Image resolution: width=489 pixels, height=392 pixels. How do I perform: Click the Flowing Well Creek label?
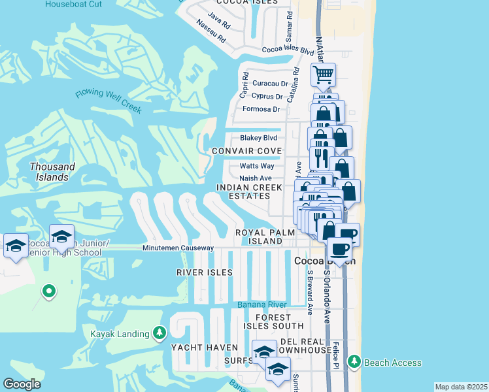[x=108, y=101]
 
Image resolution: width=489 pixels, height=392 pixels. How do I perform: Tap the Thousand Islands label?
[x=52, y=172]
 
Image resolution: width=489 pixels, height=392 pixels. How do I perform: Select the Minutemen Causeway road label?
[x=178, y=248]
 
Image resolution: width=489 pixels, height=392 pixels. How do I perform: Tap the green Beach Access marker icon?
[x=354, y=361]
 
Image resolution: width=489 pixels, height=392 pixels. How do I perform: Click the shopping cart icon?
[x=322, y=75]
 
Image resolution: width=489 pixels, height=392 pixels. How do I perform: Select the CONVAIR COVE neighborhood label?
[x=246, y=152]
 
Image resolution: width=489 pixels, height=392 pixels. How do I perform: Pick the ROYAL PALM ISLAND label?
[x=259, y=237]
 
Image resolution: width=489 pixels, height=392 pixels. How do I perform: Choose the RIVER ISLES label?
[x=204, y=272]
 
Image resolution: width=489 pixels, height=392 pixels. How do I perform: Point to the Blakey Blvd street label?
[x=258, y=138]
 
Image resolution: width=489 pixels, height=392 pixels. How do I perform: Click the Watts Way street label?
[x=256, y=166]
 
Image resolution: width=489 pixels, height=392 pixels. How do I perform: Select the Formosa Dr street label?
[x=261, y=109]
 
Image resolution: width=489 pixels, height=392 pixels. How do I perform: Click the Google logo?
[x=21, y=384]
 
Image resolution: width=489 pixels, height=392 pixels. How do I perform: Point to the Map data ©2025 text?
[x=461, y=387]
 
